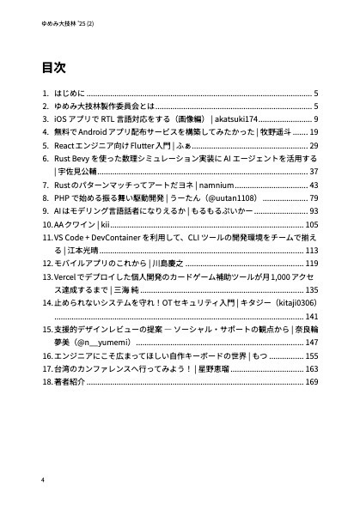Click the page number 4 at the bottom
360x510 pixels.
pos(42,478)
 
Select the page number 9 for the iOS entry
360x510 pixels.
pos(316,119)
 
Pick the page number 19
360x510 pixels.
pos(314,133)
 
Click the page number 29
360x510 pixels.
pos(314,147)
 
